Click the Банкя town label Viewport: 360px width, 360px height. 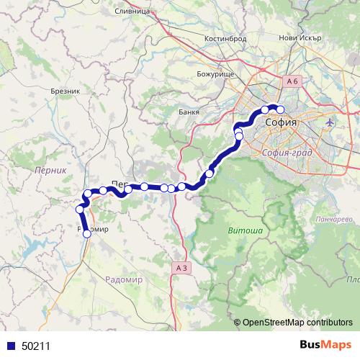188,112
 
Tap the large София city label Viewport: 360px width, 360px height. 281,124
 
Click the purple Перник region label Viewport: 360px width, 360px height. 49,170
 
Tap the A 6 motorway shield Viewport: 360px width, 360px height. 291,81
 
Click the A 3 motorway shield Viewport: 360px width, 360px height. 183,267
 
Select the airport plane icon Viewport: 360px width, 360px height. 330,122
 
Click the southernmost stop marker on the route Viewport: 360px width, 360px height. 87,233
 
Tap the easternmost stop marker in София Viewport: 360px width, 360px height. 281,110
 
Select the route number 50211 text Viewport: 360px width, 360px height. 36,346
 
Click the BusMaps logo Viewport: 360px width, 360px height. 324,346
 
